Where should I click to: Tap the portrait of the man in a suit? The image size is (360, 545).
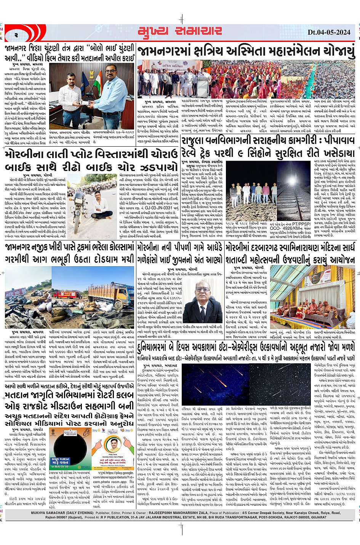click(203, 303)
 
